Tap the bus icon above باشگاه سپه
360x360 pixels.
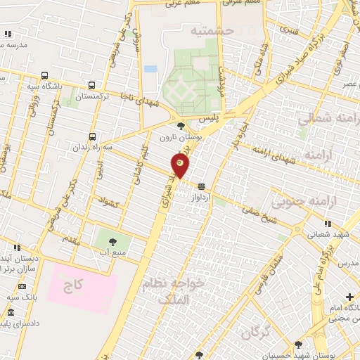45,75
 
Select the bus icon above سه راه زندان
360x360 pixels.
92,137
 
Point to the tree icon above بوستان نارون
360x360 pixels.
182,127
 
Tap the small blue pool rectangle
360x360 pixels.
150,69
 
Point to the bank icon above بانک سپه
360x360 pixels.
22,286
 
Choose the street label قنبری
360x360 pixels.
289,31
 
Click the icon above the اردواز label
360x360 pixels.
202,186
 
